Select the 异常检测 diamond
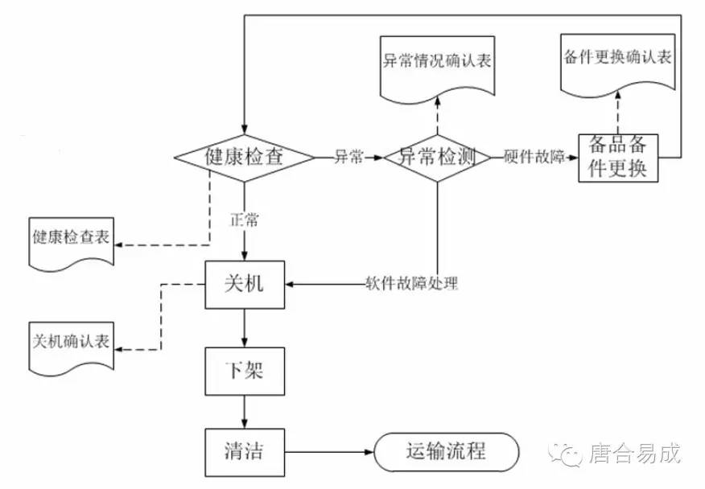pyautogui.click(x=437, y=157)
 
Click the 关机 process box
pyautogui.click(x=245, y=284)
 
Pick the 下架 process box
pyautogui.click(x=245, y=372)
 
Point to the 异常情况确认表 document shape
pyautogui.click(x=437, y=64)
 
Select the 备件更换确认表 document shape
pyautogui.click(x=616, y=60)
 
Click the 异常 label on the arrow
pyautogui.click(x=348, y=157)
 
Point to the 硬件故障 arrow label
pyautogui.click(x=534, y=157)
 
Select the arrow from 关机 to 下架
pyautogui.click(x=245, y=328)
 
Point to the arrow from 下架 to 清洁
pyautogui.click(x=245, y=412)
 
